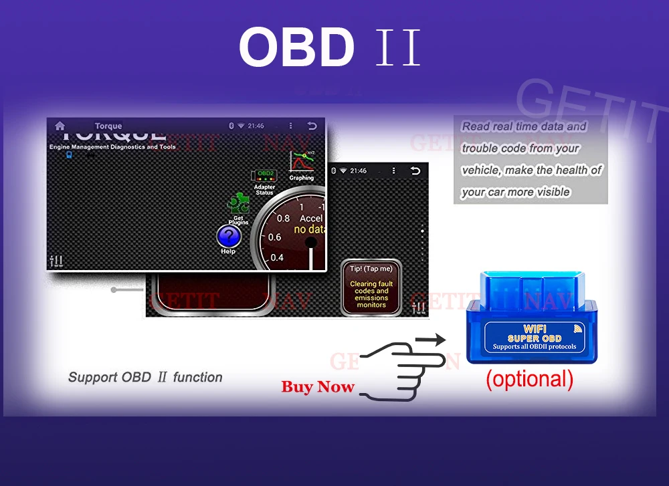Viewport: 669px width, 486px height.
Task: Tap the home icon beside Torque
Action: point(60,126)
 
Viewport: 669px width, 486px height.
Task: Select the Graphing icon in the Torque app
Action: point(301,163)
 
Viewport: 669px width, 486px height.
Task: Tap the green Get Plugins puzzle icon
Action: point(238,204)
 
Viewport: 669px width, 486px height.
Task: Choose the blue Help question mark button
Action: point(229,236)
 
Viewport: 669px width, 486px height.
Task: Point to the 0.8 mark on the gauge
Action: point(284,218)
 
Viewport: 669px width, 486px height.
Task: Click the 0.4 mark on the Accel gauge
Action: point(276,257)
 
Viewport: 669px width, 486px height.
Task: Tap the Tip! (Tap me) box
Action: point(371,287)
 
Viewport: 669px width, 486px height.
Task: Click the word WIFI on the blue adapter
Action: point(534,329)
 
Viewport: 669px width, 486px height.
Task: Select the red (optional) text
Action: point(529,379)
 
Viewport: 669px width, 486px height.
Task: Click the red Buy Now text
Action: point(318,386)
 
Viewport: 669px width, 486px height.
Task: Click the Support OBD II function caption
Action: point(145,377)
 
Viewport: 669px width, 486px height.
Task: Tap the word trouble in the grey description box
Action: point(480,148)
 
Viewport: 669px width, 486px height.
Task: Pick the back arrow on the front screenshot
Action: point(312,126)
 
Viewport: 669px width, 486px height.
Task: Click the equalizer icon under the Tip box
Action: point(419,308)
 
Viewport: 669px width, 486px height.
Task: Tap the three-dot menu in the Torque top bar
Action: point(290,126)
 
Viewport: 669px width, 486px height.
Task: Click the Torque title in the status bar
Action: point(108,126)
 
